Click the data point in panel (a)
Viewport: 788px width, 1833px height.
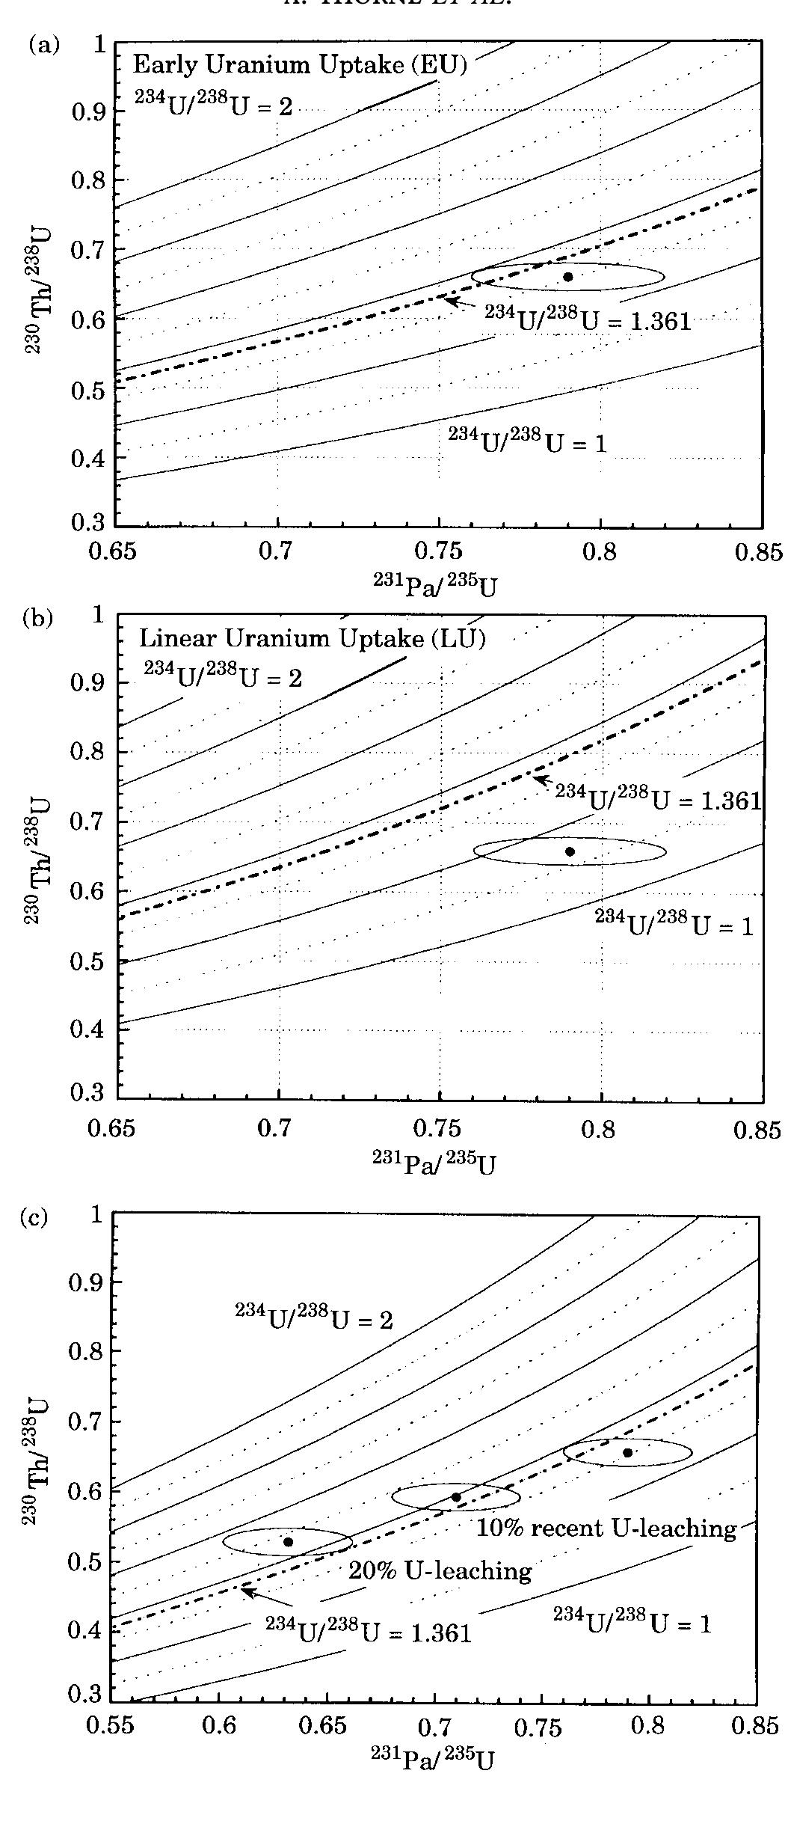(x=568, y=277)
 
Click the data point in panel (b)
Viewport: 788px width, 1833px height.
(x=570, y=851)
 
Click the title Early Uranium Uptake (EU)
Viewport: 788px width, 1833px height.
(x=300, y=65)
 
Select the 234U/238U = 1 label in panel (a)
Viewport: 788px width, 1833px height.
(x=527, y=441)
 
